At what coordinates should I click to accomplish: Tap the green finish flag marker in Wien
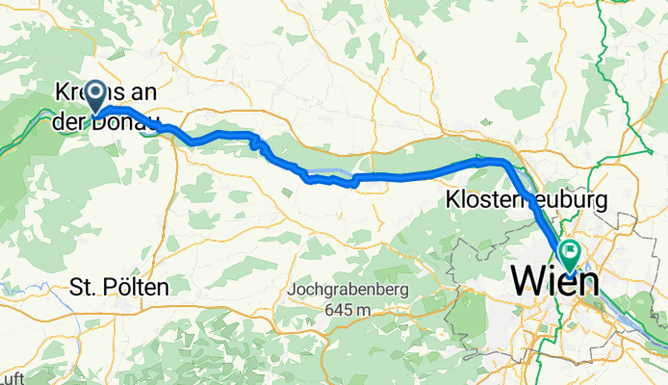569,253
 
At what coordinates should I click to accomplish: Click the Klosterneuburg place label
526,201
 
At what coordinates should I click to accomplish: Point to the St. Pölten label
119,287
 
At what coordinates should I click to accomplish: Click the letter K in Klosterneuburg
452,201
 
